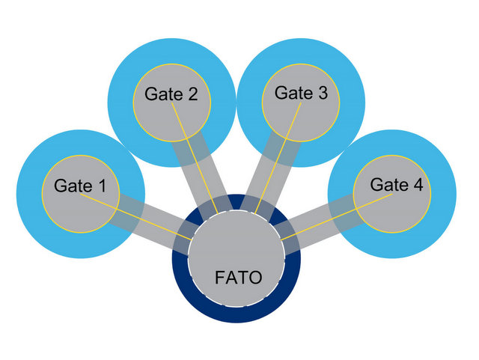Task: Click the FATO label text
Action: tap(238, 278)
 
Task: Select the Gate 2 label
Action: tap(171, 95)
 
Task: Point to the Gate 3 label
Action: tap(301, 94)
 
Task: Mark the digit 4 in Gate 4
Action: tap(417, 185)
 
